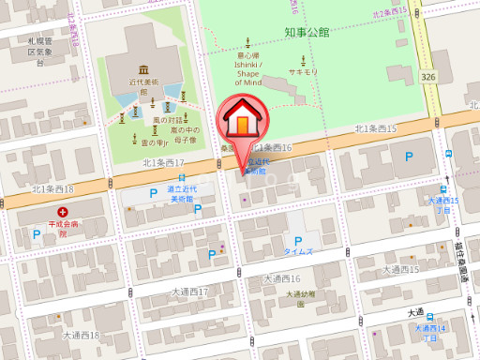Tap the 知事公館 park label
[x=307, y=32]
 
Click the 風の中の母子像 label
[x=182, y=136]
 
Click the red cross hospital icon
[x=64, y=213]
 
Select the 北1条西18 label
[x=52, y=189]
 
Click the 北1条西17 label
[x=163, y=162]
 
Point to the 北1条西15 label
[x=375, y=128]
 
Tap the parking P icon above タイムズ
[x=299, y=241]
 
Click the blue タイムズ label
[x=299, y=253]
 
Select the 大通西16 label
[x=281, y=278]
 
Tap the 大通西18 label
[x=81, y=335]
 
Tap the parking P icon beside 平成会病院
[x=37, y=235]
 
